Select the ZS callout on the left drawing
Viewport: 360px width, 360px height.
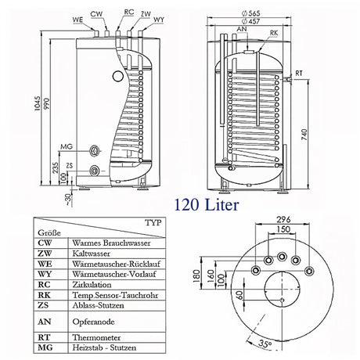(69, 167)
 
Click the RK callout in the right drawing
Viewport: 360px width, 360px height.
(272, 34)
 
